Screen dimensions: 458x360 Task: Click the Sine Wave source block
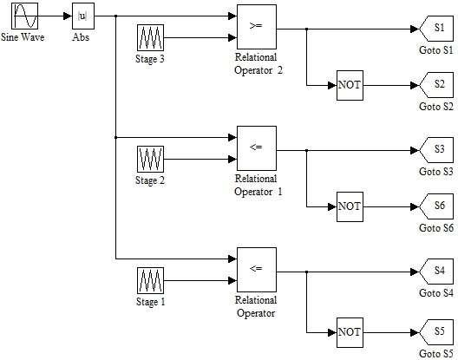pos(25,16)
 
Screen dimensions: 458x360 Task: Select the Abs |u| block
pos(83,16)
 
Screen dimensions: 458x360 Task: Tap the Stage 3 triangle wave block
pos(150,37)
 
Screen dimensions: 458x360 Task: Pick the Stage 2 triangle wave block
pos(150,160)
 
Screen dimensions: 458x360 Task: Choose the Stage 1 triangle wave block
pos(150,281)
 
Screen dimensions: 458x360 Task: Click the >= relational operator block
pos(257,27)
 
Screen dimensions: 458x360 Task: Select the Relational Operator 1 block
pos(257,148)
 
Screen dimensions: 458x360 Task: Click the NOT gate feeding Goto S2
pos(350,85)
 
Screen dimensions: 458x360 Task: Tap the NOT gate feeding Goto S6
pos(350,206)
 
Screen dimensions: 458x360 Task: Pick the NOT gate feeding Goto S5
pos(350,332)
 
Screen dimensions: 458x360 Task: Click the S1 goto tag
pos(436,29)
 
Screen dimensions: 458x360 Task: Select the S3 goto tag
pos(436,150)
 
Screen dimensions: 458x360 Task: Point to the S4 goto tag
pos(436,272)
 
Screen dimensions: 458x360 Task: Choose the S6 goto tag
pos(436,206)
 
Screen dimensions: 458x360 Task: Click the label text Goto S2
pos(436,107)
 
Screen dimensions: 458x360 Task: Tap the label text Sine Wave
pos(23,37)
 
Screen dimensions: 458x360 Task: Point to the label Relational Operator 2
pos(258,63)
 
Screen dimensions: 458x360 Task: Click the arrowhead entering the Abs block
pos(68,16)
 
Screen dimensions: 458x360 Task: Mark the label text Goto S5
pos(436,354)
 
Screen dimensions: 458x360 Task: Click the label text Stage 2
pos(150,180)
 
